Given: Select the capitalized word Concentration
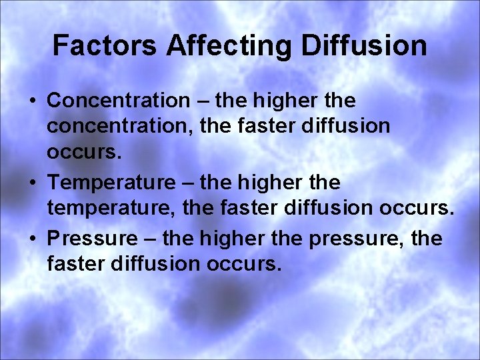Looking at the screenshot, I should click(x=119, y=101).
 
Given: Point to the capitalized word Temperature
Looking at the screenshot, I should click(x=115, y=182).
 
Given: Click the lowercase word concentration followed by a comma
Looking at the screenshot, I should click(x=119, y=127).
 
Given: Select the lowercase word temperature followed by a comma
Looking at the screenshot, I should click(x=115, y=208).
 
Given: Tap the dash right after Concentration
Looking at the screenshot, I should click(x=202, y=101).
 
